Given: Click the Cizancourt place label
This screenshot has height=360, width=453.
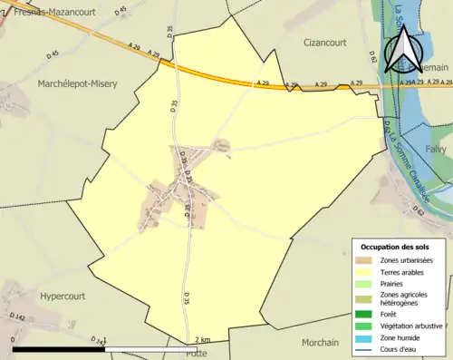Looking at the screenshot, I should [x=325, y=41].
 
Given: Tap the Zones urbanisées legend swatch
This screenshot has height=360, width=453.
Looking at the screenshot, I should [x=367, y=260].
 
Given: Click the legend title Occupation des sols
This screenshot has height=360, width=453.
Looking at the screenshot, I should [x=395, y=247].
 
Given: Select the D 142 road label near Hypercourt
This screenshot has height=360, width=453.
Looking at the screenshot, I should [x=16, y=316].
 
